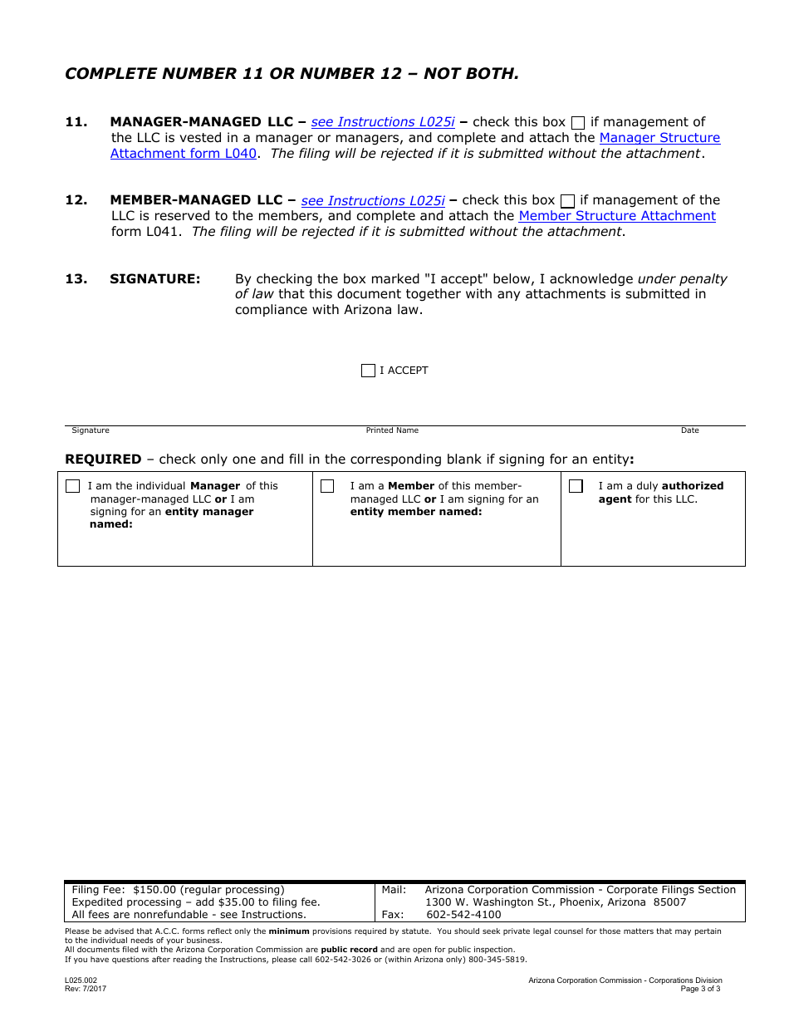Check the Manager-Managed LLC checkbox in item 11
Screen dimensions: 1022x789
(578, 123)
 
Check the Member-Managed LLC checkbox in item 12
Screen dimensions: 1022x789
(567, 201)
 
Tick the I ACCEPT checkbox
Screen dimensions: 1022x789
(368, 371)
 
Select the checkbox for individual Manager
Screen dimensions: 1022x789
(73, 486)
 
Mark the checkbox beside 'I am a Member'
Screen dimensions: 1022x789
(327, 486)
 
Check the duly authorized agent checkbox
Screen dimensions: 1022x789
(576, 486)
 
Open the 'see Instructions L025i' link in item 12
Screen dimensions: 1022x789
(373, 200)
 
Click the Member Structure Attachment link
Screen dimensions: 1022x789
(617, 216)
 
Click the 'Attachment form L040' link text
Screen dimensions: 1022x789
(184, 154)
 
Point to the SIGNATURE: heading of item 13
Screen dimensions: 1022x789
(155, 279)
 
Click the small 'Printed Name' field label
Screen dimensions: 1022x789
(392, 430)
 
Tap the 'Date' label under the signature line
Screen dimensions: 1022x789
(689, 430)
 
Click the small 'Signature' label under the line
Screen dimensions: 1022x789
(91, 430)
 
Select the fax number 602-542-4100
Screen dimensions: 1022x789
(463, 915)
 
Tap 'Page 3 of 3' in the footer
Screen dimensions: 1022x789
(700, 989)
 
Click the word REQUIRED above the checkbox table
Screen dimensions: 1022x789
(103, 459)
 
